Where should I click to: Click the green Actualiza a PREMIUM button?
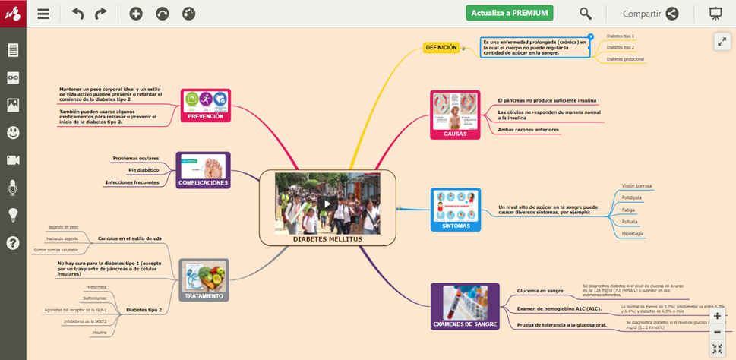[510, 13]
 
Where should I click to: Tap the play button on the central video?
[327, 203]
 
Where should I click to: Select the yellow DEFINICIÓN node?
[441, 47]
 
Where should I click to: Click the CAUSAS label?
[455, 134]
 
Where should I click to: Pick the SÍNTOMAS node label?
[456, 226]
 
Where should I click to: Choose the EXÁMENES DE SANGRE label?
[465, 324]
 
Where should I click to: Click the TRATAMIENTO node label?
[204, 295]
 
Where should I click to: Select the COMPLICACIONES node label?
[203, 183]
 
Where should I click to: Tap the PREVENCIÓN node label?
[205, 116]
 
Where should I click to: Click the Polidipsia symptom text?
[631, 197]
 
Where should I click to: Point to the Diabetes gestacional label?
[626, 58]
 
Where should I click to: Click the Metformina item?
[96, 287]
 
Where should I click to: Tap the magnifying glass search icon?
[586, 13]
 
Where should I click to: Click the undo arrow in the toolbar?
[77, 14]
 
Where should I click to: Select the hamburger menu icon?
[43, 14]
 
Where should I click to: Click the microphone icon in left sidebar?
[13, 188]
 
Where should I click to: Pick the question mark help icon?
[13, 243]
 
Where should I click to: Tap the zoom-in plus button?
[717, 316]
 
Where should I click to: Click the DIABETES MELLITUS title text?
[327, 239]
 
